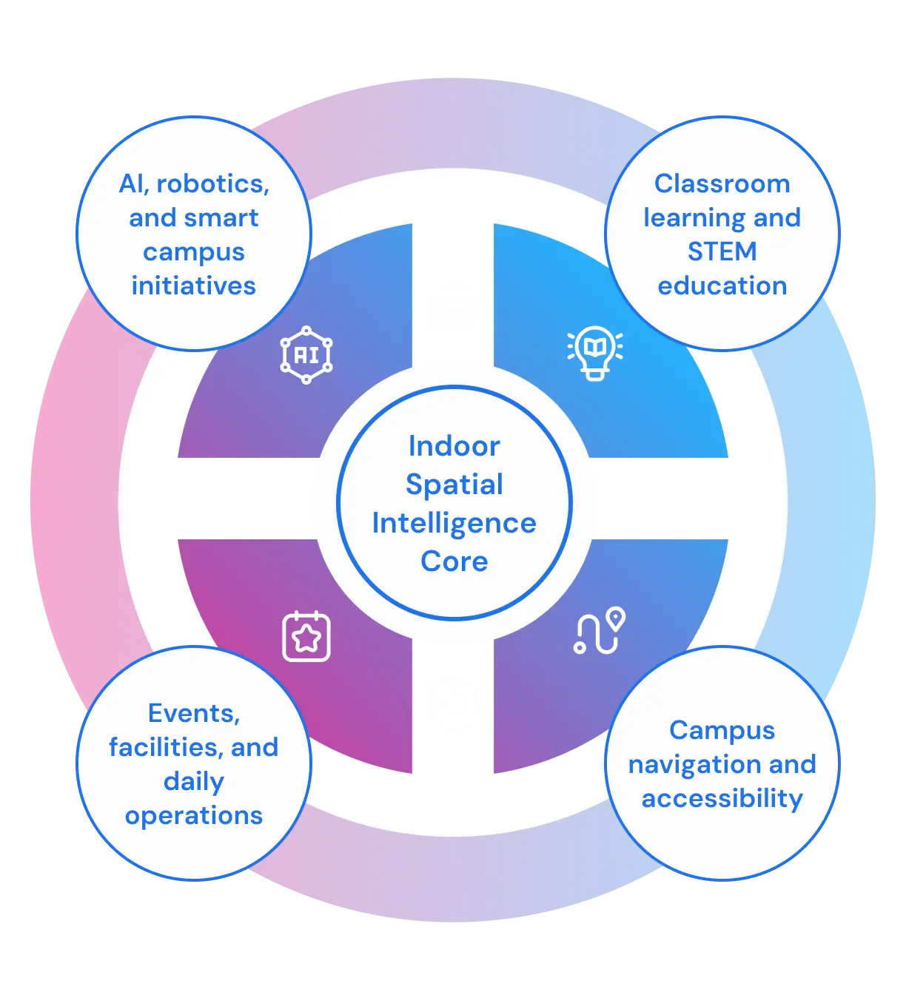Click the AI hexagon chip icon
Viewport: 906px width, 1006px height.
pyautogui.click(x=306, y=355)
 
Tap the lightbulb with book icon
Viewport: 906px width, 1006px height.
pyautogui.click(x=595, y=352)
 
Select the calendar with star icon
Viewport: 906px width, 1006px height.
pyautogui.click(x=306, y=636)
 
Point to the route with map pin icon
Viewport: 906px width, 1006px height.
pyautogui.click(x=600, y=631)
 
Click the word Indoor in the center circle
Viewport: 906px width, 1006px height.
pyautogui.click(x=454, y=446)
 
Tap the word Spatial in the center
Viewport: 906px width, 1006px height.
pyautogui.click(x=454, y=485)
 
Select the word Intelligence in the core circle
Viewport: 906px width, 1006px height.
pyautogui.click(x=454, y=523)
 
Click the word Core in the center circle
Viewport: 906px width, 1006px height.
pyautogui.click(x=454, y=561)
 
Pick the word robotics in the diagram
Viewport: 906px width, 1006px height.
pyautogui.click(x=213, y=183)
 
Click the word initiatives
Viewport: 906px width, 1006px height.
pyautogui.click(x=194, y=286)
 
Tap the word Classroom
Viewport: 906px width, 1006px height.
pyautogui.click(x=722, y=183)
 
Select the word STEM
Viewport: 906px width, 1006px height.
pyautogui.click(x=722, y=251)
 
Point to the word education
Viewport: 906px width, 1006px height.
pyautogui.click(x=722, y=286)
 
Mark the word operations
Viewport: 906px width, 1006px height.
pyautogui.click(x=194, y=815)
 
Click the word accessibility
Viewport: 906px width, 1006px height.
pyautogui.click(x=722, y=798)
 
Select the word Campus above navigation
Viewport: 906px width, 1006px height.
pyautogui.click(x=722, y=730)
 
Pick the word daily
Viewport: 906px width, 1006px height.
pyautogui.click(x=194, y=781)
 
